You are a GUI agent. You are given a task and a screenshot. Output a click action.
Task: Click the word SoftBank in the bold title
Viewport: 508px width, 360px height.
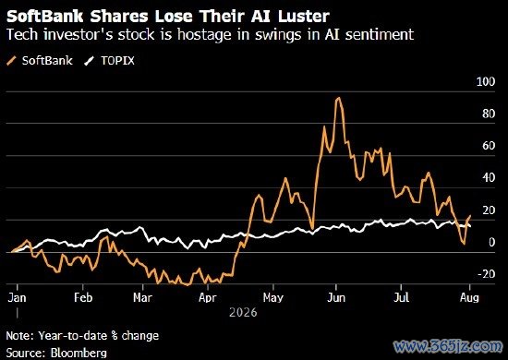coord(45,17)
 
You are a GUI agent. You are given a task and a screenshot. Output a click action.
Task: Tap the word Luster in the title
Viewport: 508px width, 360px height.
coord(304,17)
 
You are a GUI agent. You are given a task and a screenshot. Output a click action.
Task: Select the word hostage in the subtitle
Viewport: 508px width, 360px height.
coord(204,35)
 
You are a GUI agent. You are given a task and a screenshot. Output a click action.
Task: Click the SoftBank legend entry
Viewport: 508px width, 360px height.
coord(40,61)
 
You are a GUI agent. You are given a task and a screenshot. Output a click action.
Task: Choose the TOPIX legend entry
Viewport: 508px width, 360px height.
coord(109,61)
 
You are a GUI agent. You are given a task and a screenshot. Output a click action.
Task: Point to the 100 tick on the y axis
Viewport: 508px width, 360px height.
coord(486,81)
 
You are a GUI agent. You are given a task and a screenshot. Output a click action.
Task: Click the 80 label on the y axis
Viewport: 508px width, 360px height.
coord(489,114)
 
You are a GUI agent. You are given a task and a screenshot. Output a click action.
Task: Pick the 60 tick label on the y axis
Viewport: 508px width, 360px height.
coord(489,146)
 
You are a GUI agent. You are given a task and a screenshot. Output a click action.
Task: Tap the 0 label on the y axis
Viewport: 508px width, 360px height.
coord(491,242)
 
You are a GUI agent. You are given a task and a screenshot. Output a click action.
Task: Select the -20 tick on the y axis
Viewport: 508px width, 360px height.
coord(486,274)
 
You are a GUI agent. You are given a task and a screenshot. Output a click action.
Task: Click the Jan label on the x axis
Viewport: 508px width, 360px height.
coord(18,297)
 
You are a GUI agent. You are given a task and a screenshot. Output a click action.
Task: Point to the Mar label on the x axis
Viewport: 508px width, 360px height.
coord(143,297)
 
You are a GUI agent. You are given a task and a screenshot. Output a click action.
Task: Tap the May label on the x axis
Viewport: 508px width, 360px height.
coord(273,297)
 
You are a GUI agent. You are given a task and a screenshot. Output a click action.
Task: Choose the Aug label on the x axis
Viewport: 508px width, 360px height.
coord(469,297)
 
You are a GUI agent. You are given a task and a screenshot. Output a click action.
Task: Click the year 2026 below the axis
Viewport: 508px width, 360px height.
coord(243,313)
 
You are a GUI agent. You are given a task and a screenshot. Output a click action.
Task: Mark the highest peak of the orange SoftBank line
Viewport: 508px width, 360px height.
coord(339,98)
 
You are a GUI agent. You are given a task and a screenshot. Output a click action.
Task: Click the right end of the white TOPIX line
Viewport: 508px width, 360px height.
coord(470,226)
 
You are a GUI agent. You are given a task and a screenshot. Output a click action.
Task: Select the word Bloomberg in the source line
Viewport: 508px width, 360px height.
coord(79,353)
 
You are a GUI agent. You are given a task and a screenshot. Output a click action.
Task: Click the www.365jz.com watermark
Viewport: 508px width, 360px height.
coord(448,346)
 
